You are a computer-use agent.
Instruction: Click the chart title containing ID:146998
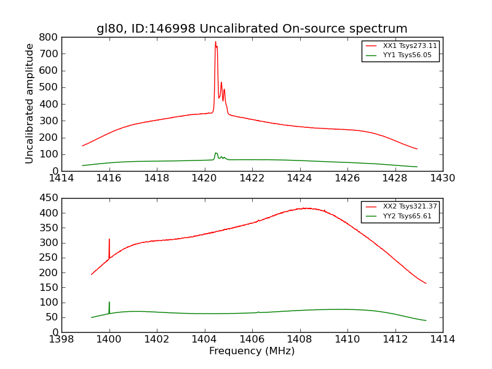click(x=252, y=29)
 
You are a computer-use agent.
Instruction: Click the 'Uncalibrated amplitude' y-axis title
click(x=30, y=103)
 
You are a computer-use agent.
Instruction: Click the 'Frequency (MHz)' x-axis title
click(x=252, y=351)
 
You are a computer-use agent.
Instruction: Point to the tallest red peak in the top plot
click(x=215, y=42)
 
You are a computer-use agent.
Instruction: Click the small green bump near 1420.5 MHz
click(x=216, y=153)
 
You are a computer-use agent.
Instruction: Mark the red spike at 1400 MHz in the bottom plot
click(x=109, y=240)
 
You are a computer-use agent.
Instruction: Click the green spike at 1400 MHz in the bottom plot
click(x=109, y=303)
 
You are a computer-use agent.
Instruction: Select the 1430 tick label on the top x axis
click(x=442, y=178)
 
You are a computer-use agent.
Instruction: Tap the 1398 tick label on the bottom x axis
click(x=61, y=339)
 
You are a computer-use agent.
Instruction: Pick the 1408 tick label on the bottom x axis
click(x=300, y=339)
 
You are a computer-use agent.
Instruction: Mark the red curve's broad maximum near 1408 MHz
click(x=304, y=208)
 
